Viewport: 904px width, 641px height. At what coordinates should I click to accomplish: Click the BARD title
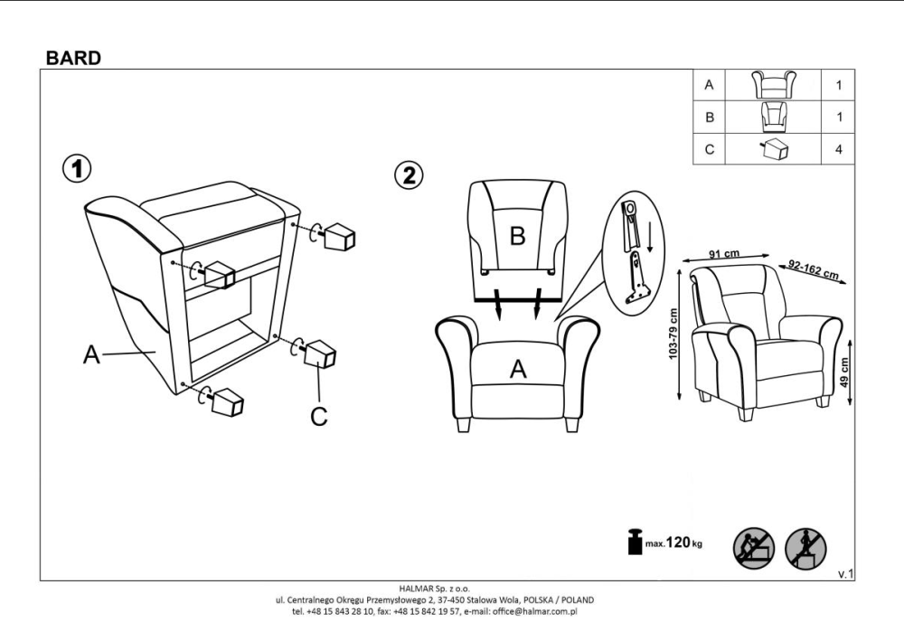coord(73,58)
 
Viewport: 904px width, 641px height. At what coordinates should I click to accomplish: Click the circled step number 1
coord(77,169)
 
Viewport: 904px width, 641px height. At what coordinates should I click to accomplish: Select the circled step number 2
coord(409,174)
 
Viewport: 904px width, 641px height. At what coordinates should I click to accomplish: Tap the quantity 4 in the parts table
coord(838,149)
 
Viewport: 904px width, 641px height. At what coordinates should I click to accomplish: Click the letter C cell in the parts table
coord(709,149)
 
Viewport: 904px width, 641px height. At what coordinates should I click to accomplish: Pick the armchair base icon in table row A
coord(774,85)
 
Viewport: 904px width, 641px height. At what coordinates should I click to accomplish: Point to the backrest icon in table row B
coord(773,117)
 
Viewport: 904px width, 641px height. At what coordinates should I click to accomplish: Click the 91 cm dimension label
coord(724,254)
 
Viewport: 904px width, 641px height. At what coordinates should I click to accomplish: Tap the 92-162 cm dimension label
coord(814,269)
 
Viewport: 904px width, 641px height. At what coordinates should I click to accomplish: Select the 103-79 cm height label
coord(673,335)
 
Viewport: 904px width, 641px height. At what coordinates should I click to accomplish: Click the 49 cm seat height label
coord(844,372)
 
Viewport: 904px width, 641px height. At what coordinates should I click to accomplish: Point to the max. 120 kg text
coord(673,542)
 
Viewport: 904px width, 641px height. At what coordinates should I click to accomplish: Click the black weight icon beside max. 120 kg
coord(635,541)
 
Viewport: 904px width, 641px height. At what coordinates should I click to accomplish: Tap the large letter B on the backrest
coord(517,235)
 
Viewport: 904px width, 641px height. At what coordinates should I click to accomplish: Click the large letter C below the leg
coord(319,416)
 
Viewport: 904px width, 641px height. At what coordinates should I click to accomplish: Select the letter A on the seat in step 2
coord(518,369)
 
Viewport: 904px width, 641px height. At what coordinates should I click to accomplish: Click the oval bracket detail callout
coord(634,252)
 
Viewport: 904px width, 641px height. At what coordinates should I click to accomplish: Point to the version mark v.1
coord(846,573)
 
